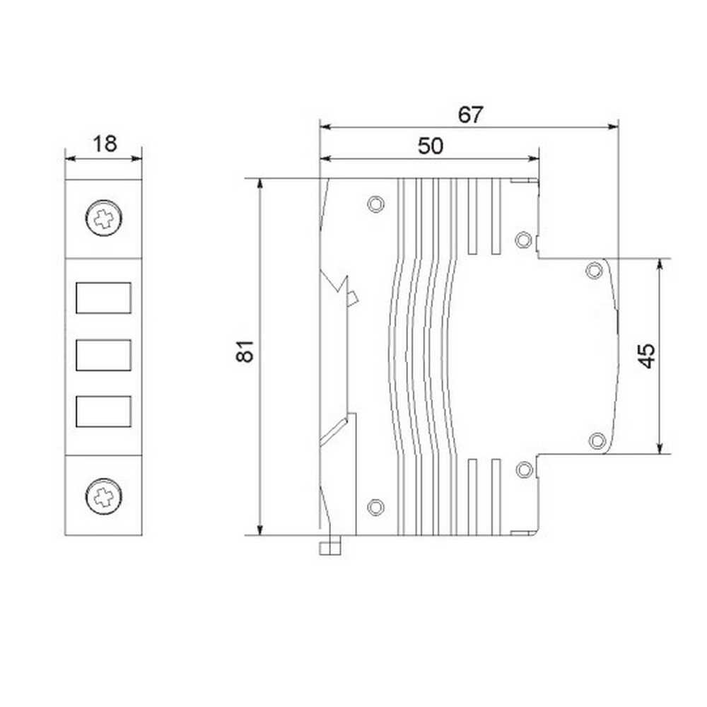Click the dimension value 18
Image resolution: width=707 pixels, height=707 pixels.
tap(105, 144)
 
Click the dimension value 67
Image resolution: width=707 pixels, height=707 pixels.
tap(470, 115)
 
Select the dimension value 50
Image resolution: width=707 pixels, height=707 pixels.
tap(430, 146)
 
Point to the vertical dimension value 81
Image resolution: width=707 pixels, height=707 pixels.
tap(245, 351)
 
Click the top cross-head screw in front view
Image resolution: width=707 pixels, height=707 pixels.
tap(104, 218)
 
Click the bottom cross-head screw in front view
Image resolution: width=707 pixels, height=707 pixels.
tap(104, 496)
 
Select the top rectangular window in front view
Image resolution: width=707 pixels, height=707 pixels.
tap(104, 298)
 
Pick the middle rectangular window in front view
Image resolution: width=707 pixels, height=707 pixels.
tap(104, 356)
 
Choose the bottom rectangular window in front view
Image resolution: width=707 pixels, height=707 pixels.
tap(104, 411)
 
